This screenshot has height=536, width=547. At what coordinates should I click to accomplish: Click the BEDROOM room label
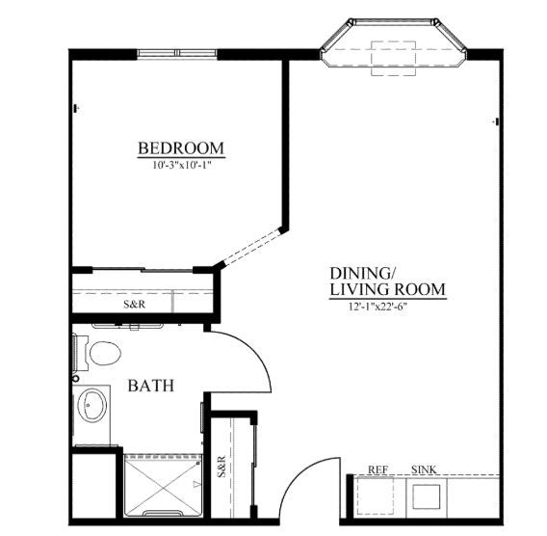coord(181,148)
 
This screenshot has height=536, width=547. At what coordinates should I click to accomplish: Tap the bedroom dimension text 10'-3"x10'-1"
coord(182,165)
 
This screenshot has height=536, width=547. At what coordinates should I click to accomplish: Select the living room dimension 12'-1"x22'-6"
coord(378,307)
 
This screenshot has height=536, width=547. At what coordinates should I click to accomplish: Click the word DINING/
coord(362,273)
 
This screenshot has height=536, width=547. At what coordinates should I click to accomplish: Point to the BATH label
coord(150,386)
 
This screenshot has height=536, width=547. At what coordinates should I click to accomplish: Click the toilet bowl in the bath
coord(105,353)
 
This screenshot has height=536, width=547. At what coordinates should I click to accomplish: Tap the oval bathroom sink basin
coord(92,405)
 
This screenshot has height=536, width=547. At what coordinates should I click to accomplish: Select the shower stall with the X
coord(164,486)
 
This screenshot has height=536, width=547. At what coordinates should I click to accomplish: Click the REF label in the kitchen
coord(378,469)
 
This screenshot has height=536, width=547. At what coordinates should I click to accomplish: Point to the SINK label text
coord(424,469)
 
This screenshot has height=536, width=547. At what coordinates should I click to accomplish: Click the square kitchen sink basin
coord(426,496)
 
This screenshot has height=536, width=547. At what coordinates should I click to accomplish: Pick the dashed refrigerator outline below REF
coord(374,496)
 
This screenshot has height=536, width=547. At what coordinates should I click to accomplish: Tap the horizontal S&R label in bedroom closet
coord(134,305)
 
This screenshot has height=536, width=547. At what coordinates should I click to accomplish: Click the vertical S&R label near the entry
coord(221,467)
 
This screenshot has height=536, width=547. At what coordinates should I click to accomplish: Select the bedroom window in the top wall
coord(177,53)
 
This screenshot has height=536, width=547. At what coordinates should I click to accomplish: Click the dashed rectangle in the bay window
coord(393,58)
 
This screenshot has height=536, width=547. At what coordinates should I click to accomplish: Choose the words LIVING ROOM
coord(387,289)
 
